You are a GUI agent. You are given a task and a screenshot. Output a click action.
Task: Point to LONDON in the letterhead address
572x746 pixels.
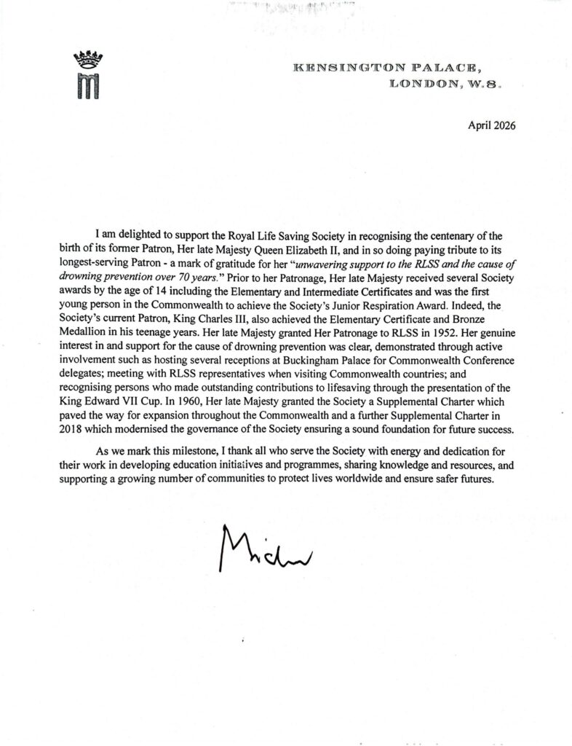(x=421, y=85)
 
